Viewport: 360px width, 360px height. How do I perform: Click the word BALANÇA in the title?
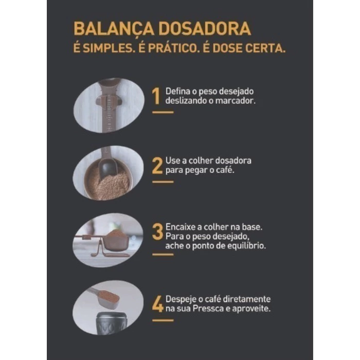[x=114, y=29]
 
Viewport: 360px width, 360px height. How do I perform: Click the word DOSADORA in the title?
[x=205, y=28]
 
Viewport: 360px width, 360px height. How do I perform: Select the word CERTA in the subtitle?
[x=265, y=48]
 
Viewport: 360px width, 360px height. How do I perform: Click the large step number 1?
[x=156, y=96]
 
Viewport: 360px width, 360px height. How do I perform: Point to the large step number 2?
[x=157, y=166]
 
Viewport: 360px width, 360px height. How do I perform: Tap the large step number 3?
[x=157, y=231]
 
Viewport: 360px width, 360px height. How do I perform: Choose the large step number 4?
[x=158, y=304]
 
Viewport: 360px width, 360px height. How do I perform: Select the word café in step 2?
[x=225, y=170]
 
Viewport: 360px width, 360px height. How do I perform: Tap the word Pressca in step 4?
[x=208, y=309]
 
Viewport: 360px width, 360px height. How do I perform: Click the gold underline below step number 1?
[x=163, y=112]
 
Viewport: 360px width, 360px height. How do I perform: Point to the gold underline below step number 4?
[x=163, y=320]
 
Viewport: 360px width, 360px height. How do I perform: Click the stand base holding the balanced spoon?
[x=110, y=253]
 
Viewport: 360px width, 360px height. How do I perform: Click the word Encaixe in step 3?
[x=181, y=227]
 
